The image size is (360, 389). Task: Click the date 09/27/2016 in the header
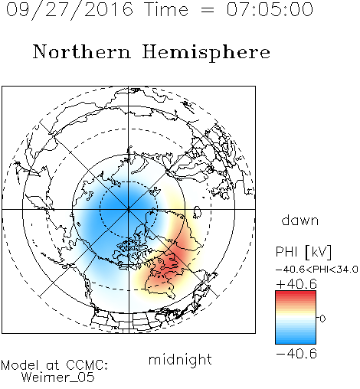tap(70, 10)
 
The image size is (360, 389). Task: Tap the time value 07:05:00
tap(270, 9)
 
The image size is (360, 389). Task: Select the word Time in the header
tap(166, 9)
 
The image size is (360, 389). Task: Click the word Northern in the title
tap(82, 51)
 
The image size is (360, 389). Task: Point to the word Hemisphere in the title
tap(206, 53)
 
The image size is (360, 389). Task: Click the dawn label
tap(300, 221)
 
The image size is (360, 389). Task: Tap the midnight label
tap(180, 359)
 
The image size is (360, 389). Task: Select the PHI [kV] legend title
tap(303, 252)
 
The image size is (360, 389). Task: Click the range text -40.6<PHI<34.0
tap(317, 269)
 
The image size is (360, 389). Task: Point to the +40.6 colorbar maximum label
tap(296, 284)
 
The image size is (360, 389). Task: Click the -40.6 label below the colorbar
tap(296, 354)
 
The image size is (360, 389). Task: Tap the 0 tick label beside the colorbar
tap(322, 319)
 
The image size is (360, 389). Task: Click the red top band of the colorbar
tap(296, 293)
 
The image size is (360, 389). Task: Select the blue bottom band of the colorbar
tap(296, 341)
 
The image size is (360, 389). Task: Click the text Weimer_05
tap(58, 378)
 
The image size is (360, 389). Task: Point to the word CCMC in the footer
tap(87, 365)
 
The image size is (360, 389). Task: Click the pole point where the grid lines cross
tap(129, 209)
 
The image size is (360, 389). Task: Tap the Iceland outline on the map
tap(197, 213)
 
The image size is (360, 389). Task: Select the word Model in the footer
tap(20, 365)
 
